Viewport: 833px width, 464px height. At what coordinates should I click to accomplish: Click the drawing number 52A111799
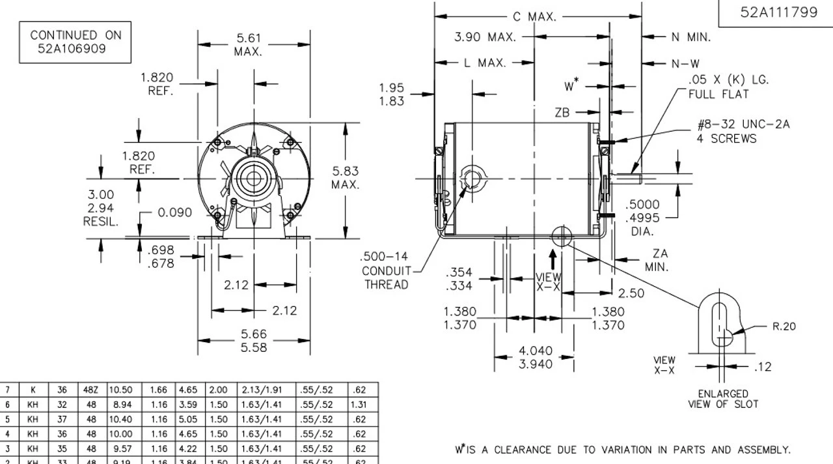coord(778,13)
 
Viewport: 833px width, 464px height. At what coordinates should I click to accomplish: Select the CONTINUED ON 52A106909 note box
coord(75,42)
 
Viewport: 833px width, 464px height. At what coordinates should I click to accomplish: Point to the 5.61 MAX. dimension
coord(248,45)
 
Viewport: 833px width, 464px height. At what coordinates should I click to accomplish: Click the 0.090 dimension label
coord(174,212)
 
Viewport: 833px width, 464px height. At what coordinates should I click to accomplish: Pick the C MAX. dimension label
coord(534,17)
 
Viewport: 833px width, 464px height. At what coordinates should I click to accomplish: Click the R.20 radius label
coord(784,326)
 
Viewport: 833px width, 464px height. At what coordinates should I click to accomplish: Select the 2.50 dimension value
coord(631,293)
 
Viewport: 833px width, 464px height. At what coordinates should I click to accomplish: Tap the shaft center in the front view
coord(248,177)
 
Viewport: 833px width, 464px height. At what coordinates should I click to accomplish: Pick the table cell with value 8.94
coord(120,405)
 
